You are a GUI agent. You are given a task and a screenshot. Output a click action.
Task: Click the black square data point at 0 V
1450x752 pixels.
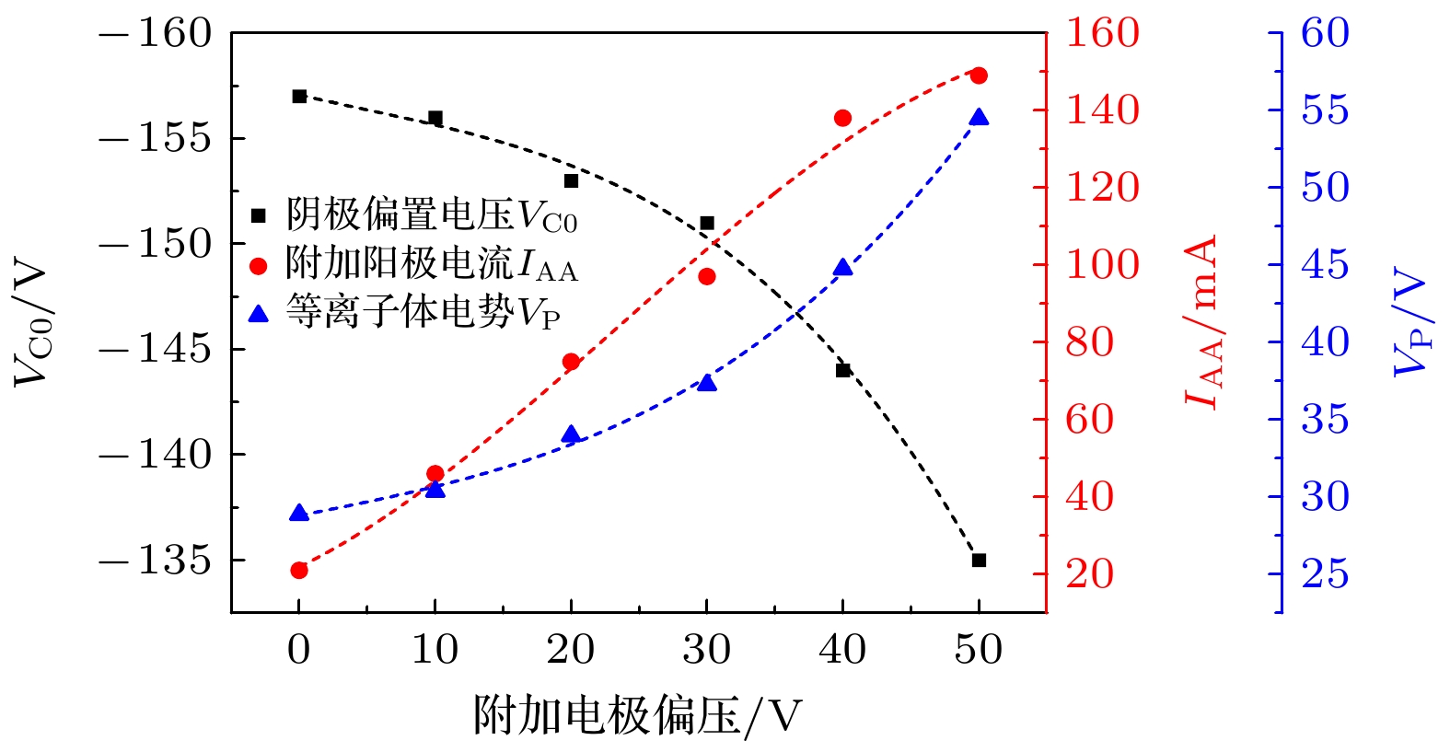(x=299, y=97)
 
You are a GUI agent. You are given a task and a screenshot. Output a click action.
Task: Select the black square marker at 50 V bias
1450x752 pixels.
(x=979, y=560)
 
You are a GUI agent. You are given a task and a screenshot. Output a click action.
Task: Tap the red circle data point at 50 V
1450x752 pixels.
(x=979, y=75)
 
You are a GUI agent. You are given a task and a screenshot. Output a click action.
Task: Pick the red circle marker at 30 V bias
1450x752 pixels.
(x=707, y=276)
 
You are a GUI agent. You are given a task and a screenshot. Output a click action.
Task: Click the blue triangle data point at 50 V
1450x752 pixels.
(x=979, y=118)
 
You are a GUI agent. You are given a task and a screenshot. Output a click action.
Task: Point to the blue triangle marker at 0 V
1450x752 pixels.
(x=299, y=514)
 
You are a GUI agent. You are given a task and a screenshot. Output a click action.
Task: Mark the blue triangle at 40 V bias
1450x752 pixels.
(x=842, y=268)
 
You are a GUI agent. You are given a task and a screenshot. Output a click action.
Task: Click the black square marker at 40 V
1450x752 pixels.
(x=842, y=370)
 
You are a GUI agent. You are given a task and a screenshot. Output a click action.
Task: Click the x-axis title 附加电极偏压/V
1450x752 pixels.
(x=637, y=716)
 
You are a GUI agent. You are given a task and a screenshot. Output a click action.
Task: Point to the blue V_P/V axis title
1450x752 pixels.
(x=1410, y=321)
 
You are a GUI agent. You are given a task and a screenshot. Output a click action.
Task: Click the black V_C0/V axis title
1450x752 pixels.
(x=32, y=321)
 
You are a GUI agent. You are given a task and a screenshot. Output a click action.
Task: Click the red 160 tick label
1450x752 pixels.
(x=1102, y=34)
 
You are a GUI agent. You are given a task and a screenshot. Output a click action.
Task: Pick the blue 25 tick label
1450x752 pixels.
(x=1325, y=574)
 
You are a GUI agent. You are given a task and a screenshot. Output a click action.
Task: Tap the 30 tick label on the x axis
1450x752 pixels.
(x=707, y=650)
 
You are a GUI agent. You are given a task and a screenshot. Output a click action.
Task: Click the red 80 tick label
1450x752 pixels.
(x=1090, y=343)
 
